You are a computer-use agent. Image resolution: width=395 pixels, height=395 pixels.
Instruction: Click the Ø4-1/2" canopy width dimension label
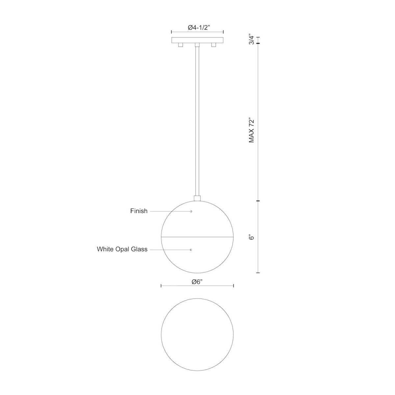pyautogui.click(x=197, y=28)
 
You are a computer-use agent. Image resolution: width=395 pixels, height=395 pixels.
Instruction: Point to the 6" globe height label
pyautogui.click(x=252, y=237)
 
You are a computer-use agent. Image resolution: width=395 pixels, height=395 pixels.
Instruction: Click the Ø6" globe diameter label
pyautogui.click(x=197, y=281)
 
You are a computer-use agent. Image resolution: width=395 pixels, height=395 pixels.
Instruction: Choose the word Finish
pyautogui.click(x=139, y=211)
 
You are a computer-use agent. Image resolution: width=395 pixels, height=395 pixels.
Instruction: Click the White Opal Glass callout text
pyautogui.click(x=122, y=250)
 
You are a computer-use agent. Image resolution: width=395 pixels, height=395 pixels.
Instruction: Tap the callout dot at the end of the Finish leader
pyautogui.click(x=191, y=211)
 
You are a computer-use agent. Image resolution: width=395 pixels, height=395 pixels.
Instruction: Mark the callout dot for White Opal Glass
pyautogui.click(x=191, y=250)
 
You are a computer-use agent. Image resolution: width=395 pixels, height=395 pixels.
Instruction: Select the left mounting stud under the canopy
pyautogui.click(x=180, y=45)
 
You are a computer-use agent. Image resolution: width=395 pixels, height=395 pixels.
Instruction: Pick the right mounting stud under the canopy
pyautogui.click(x=214, y=45)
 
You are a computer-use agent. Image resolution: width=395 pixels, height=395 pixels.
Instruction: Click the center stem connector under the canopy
pyautogui.click(x=197, y=45)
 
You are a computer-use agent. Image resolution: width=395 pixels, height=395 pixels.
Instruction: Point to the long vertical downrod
pyautogui.click(x=197, y=122)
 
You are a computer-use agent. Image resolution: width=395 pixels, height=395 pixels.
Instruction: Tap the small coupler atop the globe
pyautogui.click(x=197, y=198)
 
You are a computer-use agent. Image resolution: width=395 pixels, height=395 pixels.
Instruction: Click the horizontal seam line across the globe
pyautogui.click(x=197, y=237)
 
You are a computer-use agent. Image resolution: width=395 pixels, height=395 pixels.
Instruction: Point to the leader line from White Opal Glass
pyautogui.click(x=170, y=250)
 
